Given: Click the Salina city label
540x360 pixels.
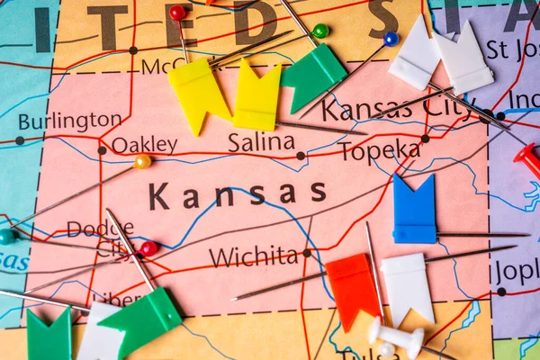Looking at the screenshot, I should tap(260, 142).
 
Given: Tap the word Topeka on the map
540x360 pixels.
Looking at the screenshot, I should tap(379, 151).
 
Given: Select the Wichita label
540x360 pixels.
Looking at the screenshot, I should tap(253, 256).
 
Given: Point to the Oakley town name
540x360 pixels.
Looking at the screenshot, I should tap(144, 144).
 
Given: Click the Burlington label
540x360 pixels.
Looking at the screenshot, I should tap(69, 121).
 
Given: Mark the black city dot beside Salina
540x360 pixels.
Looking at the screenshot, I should tap(301, 156).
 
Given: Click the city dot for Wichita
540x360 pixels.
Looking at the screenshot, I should tap(306, 253).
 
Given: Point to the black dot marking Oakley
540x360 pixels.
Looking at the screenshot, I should tap(102, 150).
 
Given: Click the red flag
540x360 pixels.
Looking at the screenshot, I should tap(353, 288).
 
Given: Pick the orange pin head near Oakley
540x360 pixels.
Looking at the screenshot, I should tap(142, 162).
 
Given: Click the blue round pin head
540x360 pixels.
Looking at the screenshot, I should tap(391, 39).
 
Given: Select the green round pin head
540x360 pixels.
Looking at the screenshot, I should tap(320, 31).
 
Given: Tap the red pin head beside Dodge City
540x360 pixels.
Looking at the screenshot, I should tap(148, 247).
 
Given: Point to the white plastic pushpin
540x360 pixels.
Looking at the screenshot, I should tap(394, 337).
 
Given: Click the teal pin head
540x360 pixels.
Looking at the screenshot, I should tap(7, 237).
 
